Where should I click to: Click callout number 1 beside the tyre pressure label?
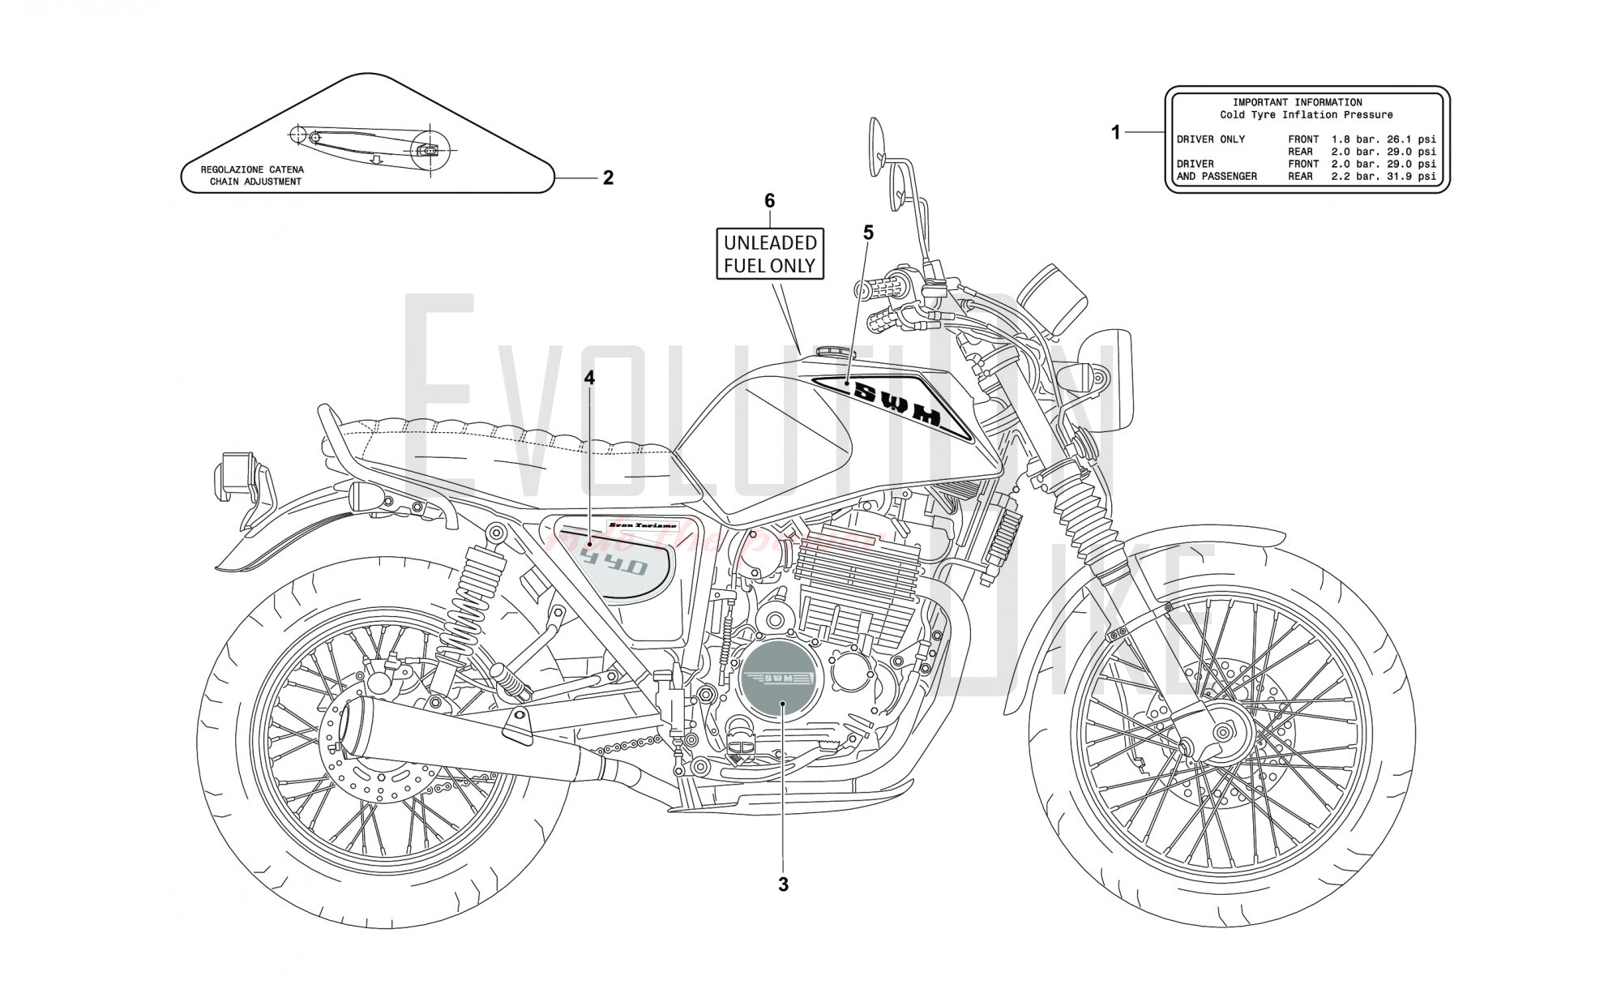[x=1115, y=132]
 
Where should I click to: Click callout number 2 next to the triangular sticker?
[x=608, y=178]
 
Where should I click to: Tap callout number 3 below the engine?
[x=783, y=885]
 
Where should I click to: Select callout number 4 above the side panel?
[x=589, y=378]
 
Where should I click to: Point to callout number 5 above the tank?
[x=868, y=233]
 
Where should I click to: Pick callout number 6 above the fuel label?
[x=769, y=200]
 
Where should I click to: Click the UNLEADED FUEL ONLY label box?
[x=769, y=254]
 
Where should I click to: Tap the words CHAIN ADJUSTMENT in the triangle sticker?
[x=255, y=182]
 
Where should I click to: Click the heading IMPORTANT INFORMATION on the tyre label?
[x=1297, y=103]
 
